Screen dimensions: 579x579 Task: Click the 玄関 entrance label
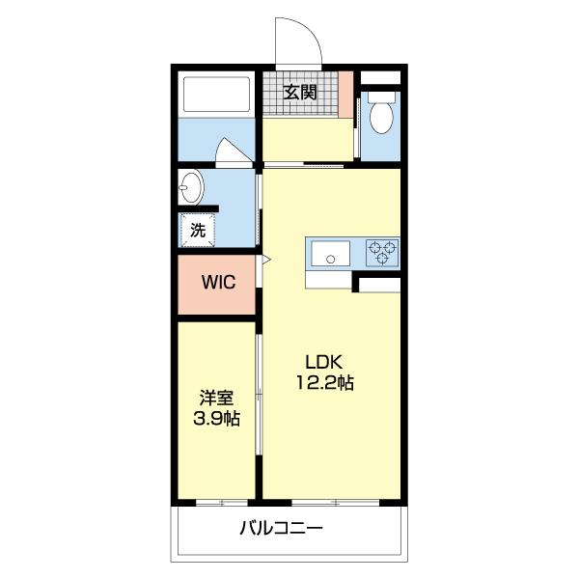(300, 93)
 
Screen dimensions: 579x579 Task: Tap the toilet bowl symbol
(381, 114)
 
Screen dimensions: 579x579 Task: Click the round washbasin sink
(193, 186)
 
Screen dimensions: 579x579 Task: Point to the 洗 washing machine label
(197, 231)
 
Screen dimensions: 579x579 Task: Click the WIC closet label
(217, 283)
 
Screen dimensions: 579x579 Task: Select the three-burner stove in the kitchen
(382, 253)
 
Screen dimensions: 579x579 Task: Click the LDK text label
(323, 362)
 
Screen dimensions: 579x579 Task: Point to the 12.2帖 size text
(325, 383)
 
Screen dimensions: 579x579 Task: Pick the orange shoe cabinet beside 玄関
(345, 94)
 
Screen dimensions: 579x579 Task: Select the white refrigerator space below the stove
(377, 285)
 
